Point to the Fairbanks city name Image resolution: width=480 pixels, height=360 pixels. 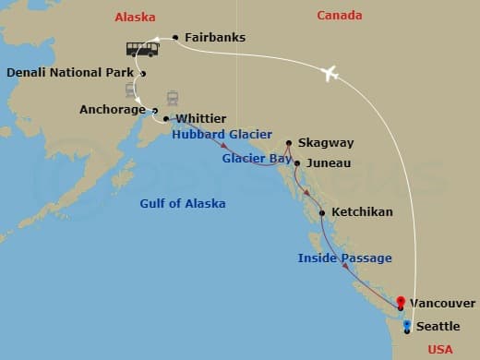tap(214, 39)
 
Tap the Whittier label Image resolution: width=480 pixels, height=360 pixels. tap(200, 119)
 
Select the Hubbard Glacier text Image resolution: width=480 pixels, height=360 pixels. tap(222, 135)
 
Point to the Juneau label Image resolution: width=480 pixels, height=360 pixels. tap(329, 163)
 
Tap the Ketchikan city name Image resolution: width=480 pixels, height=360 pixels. tap(362, 212)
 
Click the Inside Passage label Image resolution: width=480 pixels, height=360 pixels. tap(344, 258)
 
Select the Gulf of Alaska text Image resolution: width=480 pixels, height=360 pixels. tap(183, 203)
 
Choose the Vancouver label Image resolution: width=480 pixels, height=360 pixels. tap(443, 304)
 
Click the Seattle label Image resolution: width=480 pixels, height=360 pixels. tap(438, 327)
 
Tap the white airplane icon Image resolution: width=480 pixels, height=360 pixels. tap(330, 74)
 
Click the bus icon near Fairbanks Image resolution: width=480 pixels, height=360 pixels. tap(142, 48)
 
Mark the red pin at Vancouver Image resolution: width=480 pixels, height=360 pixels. tap(401, 302)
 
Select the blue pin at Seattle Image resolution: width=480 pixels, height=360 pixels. tap(407, 325)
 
